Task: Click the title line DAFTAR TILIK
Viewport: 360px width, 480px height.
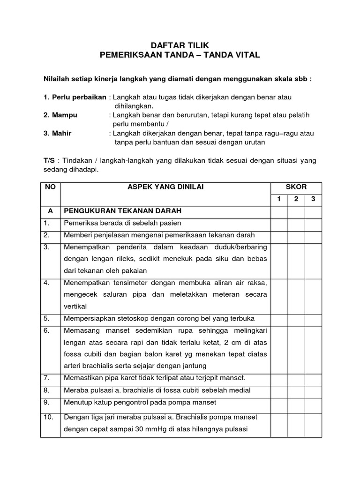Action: (180, 45)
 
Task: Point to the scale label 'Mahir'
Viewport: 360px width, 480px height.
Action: (61, 133)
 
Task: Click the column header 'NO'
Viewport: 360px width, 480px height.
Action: (51, 187)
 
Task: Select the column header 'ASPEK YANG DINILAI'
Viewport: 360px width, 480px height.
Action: (166, 187)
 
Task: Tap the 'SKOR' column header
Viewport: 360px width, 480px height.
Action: (296, 187)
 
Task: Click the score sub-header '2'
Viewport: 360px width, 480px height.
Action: (296, 199)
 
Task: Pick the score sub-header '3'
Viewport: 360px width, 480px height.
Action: (313, 199)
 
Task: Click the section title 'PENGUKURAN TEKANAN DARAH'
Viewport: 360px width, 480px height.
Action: (122, 211)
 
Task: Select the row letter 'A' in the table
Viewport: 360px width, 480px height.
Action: (51, 211)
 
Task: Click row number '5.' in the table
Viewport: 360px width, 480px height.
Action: (47, 318)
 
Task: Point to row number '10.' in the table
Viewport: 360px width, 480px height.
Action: (49, 417)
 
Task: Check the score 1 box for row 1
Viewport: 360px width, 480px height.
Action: (279, 223)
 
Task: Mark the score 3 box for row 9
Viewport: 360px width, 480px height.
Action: (313, 402)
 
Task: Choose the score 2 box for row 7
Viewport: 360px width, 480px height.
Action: (296, 377)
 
